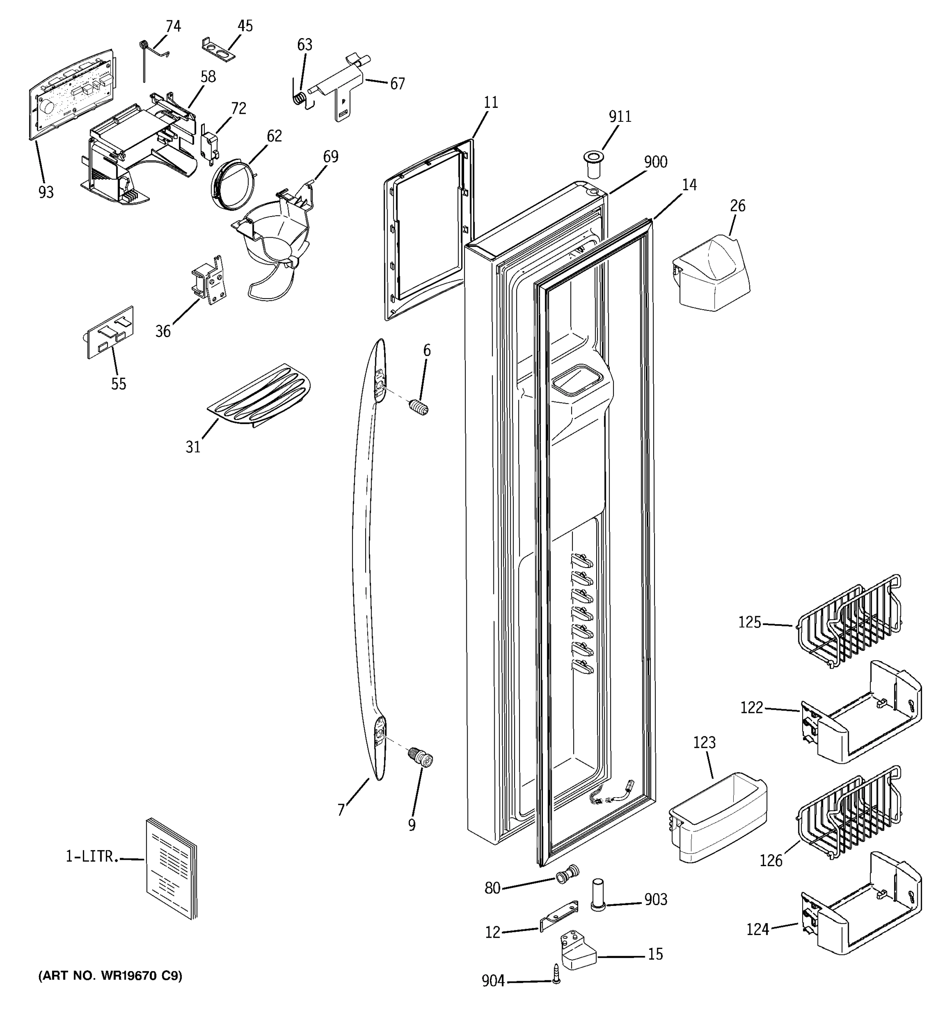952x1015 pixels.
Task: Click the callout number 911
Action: (x=619, y=117)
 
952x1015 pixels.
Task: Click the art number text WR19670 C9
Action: (x=110, y=976)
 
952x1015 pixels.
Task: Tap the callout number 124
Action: (x=757, y=929)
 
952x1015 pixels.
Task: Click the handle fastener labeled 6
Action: (x=419, y=407)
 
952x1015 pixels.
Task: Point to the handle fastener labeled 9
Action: (x=421, y=757)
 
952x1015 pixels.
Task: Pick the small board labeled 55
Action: (x=110, y=332)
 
